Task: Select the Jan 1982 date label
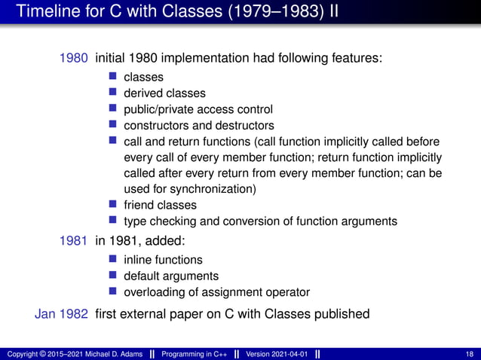pos(62,313)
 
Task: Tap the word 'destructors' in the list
pos(246,126)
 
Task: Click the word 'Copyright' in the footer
pos(21,354)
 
